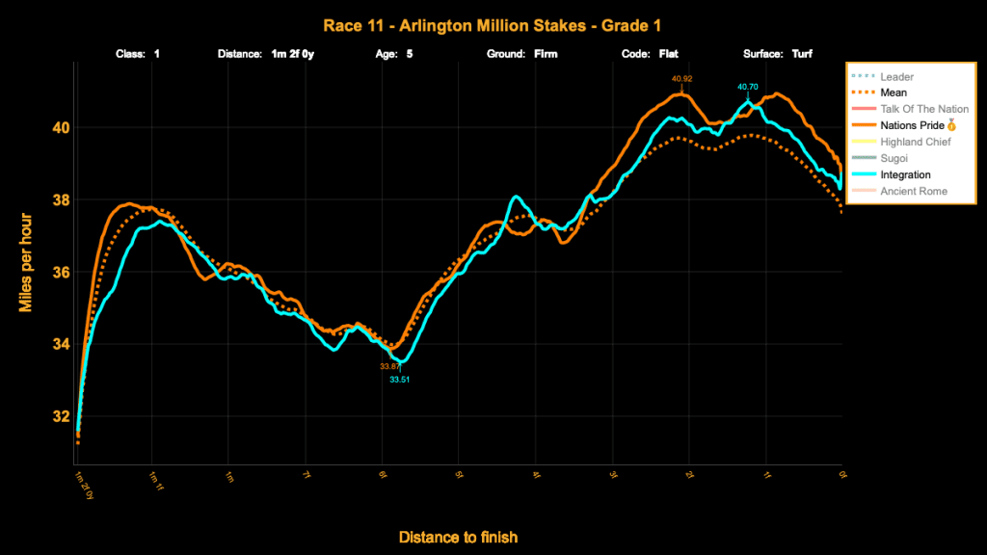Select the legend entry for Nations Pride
[x=917, y=125]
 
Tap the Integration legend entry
[x=905, y=174]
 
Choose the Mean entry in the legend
[x=894, y=92]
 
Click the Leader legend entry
[x=896, y=76]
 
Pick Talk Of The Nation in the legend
[x=922, y=109]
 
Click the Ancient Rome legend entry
[x=914, y=191]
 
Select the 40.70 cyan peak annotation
[x=749, y=87]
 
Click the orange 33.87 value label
[x=390, y=366]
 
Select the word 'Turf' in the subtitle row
[x=802, y=54]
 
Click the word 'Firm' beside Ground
[x=546, y=54]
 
